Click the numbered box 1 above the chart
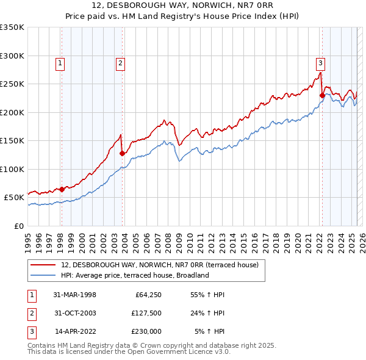pos(61,62)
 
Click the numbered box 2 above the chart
pos(121,62)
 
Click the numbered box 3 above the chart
pos(320,62)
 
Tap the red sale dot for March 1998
pos(62,189)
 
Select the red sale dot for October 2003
pos(122,154)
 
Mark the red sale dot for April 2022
pos(321,95)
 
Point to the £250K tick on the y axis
pos(12,84)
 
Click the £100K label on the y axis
pos(12,169)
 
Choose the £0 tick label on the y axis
pos(18,226)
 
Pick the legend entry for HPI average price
pos(135,275)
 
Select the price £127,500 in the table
pos(146,313)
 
